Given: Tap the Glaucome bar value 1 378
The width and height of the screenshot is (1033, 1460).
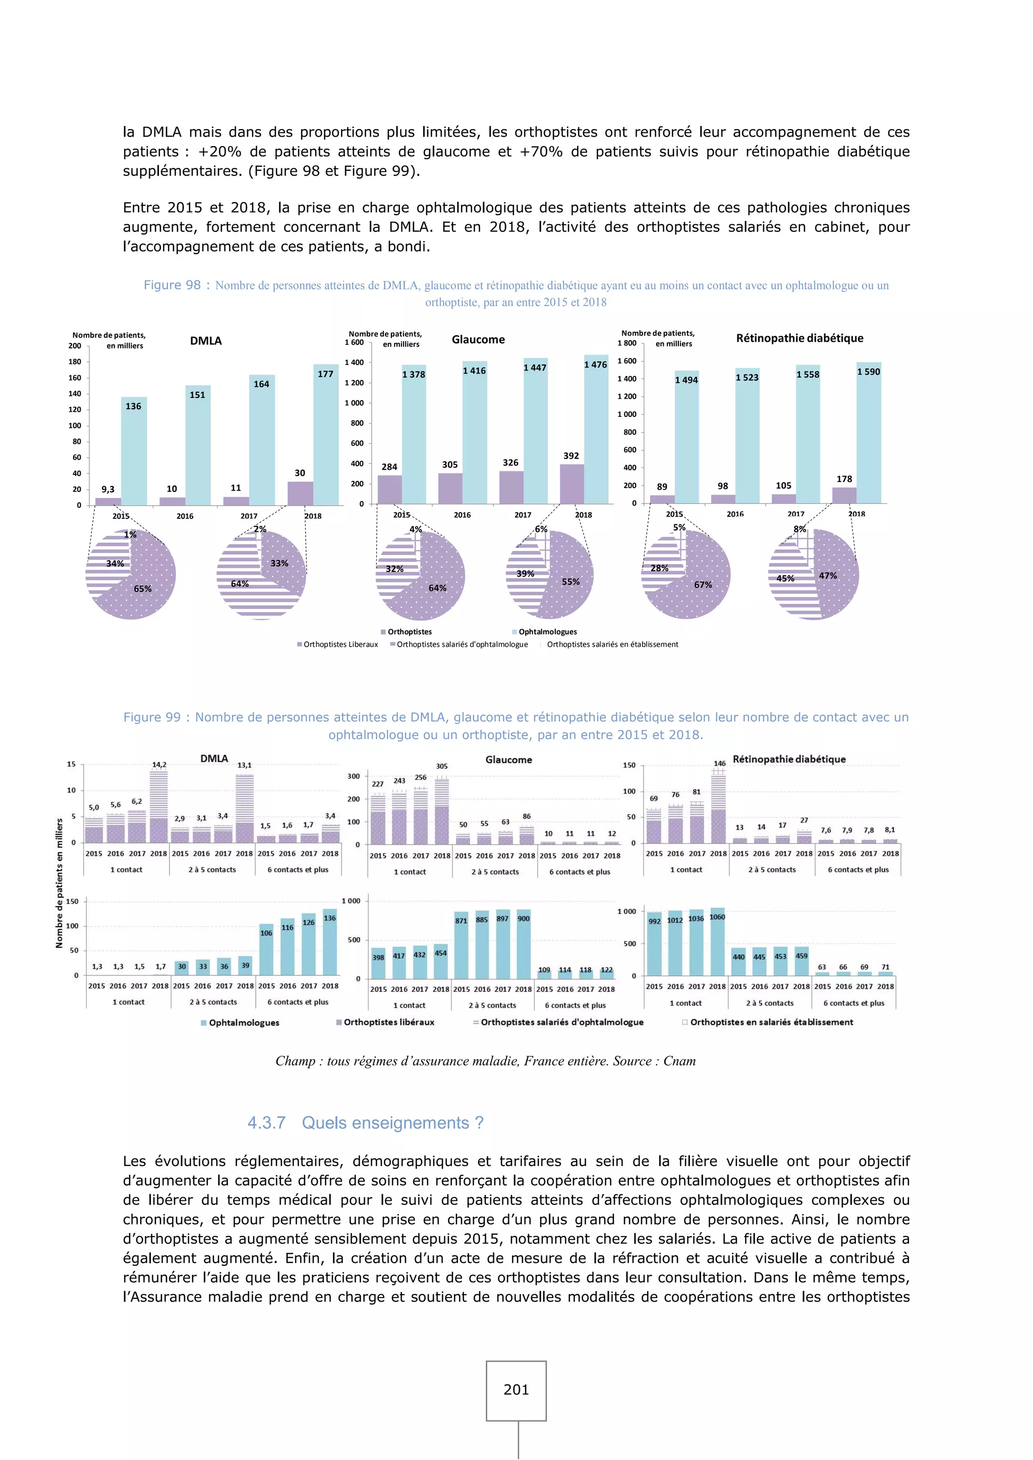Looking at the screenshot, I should (x=414, y=375).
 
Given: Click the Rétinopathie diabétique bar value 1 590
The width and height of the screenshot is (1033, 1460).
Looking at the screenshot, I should (x=868, y=372).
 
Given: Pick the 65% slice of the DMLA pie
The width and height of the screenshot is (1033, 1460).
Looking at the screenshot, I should (x=142, y=589).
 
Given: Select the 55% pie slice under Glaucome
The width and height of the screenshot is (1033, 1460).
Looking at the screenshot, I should (x=570, y=582).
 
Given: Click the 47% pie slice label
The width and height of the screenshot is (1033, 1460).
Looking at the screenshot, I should (x=828, y=575).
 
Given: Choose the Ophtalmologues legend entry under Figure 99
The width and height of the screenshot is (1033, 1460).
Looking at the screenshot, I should (x=240, y=1022).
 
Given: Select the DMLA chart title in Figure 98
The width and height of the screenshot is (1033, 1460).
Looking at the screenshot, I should (x=205, y=341).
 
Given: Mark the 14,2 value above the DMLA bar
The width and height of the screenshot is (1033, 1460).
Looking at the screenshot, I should (x=159, y=765).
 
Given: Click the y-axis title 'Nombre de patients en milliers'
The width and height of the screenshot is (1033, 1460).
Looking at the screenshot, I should (x=59, y=883).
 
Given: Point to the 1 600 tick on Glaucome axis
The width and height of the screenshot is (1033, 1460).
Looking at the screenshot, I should (x=354, y=342).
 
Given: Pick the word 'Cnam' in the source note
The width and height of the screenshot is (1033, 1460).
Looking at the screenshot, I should (x=679, y=1061).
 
